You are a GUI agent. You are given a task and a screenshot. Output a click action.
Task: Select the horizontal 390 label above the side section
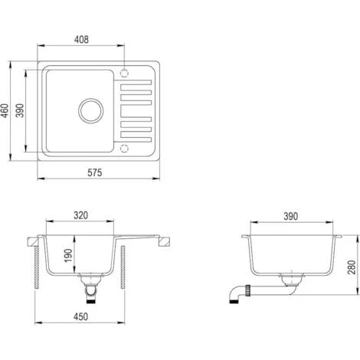tap(290, 217)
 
